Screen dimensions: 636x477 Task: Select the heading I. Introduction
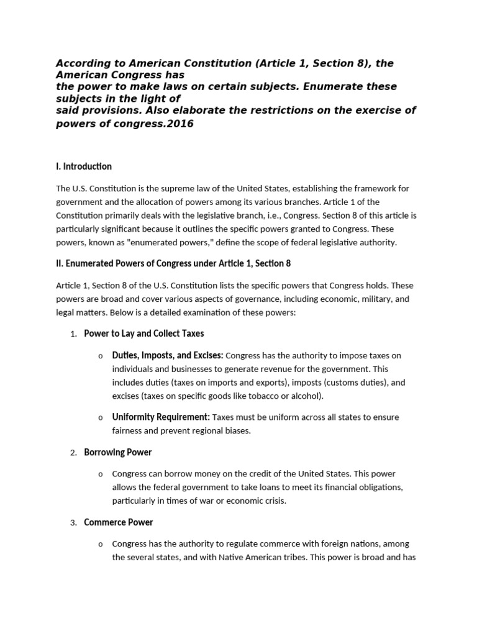click(84, 166)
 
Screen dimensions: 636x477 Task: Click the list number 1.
click(73, 334)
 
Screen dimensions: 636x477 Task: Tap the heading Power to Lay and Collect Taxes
click(144, 334)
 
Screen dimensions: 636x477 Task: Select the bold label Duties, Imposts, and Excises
click(167, 355)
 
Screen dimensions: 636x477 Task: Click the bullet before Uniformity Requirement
click(101, 418)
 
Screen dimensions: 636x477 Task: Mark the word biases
click(238, 430)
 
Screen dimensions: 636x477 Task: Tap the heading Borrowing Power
click(118, 452)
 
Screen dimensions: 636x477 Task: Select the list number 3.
click(73, 523)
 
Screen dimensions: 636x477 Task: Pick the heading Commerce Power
click(119, 522)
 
